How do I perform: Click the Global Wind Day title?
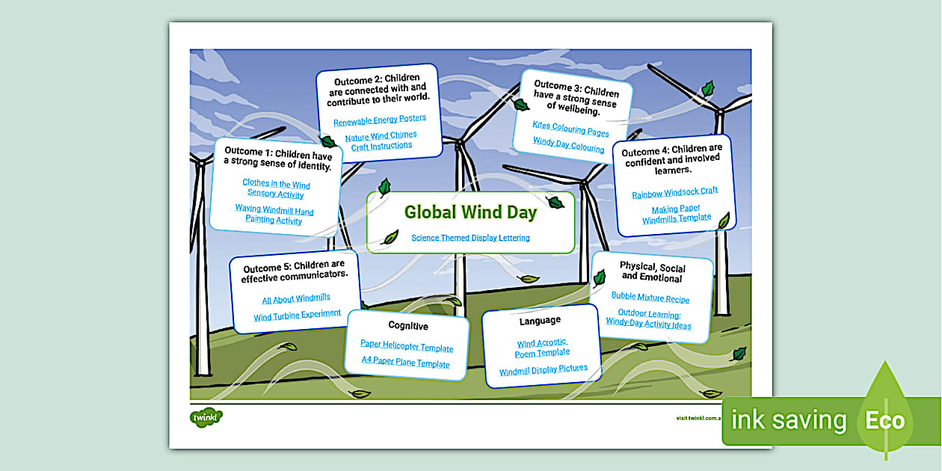(470, 212)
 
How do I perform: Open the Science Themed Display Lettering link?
(470, 238)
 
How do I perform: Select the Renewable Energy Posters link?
(380, 119)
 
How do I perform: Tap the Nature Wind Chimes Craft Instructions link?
(381, 141)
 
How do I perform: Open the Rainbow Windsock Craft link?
(674, 192)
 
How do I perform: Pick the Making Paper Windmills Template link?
(677, 215)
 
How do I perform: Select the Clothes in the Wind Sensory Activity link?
(276, 189)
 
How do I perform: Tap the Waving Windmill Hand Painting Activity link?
(274, 215)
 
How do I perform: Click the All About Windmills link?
(296, 299)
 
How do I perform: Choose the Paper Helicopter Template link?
(407, 347)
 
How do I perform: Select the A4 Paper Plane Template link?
(406, 363)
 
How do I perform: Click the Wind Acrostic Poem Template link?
(542, 348)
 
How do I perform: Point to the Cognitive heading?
(408, 325)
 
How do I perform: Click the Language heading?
(540, 321)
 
